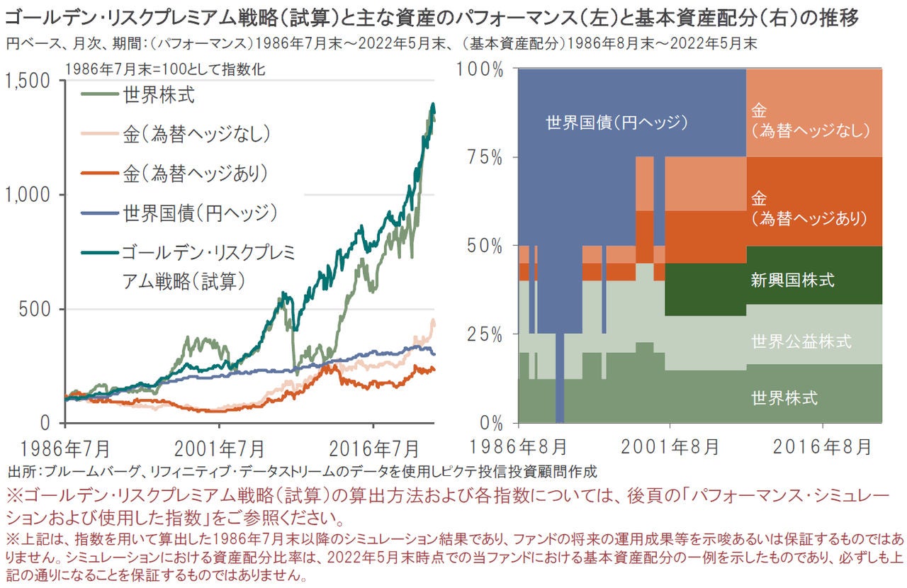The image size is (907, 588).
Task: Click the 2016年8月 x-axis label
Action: coord(822,447)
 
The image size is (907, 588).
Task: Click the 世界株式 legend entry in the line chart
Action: coord(159,95)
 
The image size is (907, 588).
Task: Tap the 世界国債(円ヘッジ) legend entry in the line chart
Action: coord(199,212)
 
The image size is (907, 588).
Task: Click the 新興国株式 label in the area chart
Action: coord(792,280)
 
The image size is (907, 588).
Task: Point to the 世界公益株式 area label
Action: coord(801,341)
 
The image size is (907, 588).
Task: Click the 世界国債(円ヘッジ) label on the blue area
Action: coord(617,123)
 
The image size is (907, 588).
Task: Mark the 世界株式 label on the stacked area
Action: coord(784,398)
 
